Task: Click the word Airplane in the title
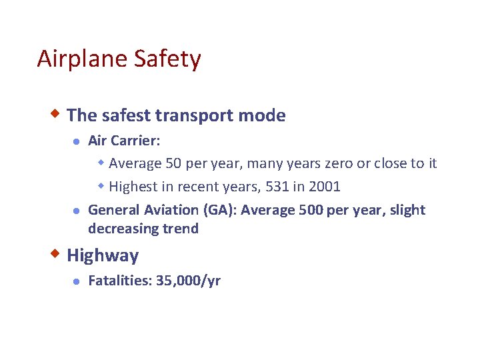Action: coord(73,59)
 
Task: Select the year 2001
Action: coord(325,186)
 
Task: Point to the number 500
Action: coord(310,210)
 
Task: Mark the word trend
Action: coord(180,229)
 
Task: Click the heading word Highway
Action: coord(103,256)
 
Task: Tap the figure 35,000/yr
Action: coord(188,281)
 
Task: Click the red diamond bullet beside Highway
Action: coord(58,254)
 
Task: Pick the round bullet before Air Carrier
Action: coord(77,141)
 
